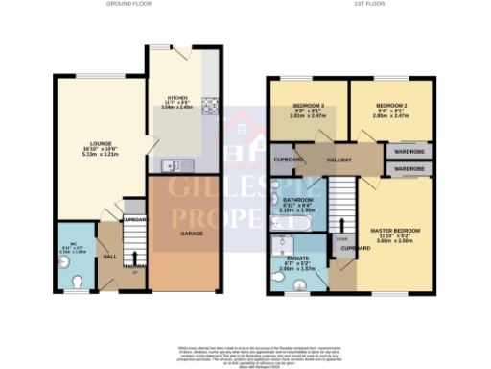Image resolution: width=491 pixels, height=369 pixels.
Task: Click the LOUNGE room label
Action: pos(90,144)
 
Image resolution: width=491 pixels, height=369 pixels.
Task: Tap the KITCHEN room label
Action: pos(177,97)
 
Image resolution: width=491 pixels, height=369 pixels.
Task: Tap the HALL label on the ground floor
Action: pos(109,257)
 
